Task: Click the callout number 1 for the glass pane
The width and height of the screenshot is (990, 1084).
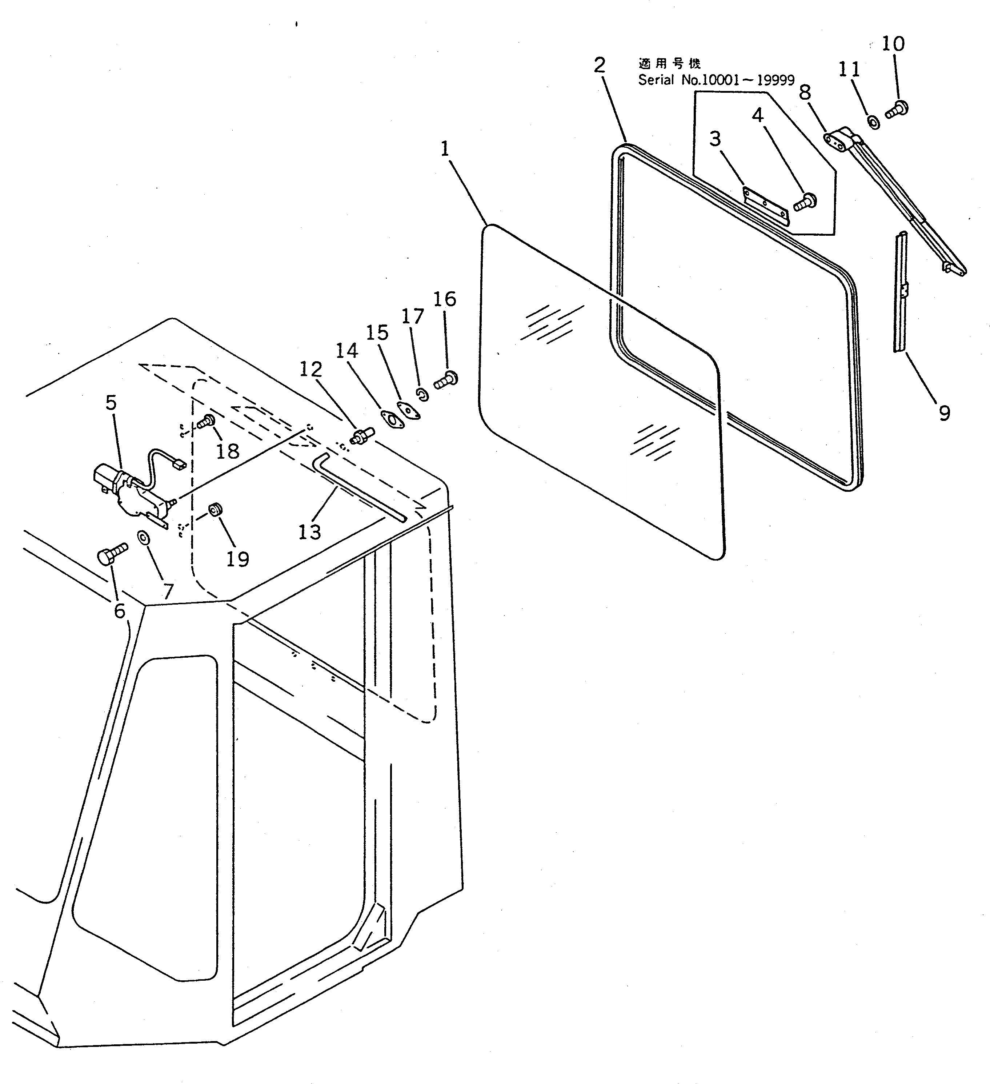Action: (445, 148)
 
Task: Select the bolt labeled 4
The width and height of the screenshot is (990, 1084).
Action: (805, 201)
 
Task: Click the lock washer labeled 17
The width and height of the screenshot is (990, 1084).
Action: (423, 395)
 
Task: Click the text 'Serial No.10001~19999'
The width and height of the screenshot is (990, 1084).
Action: (716, 80)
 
